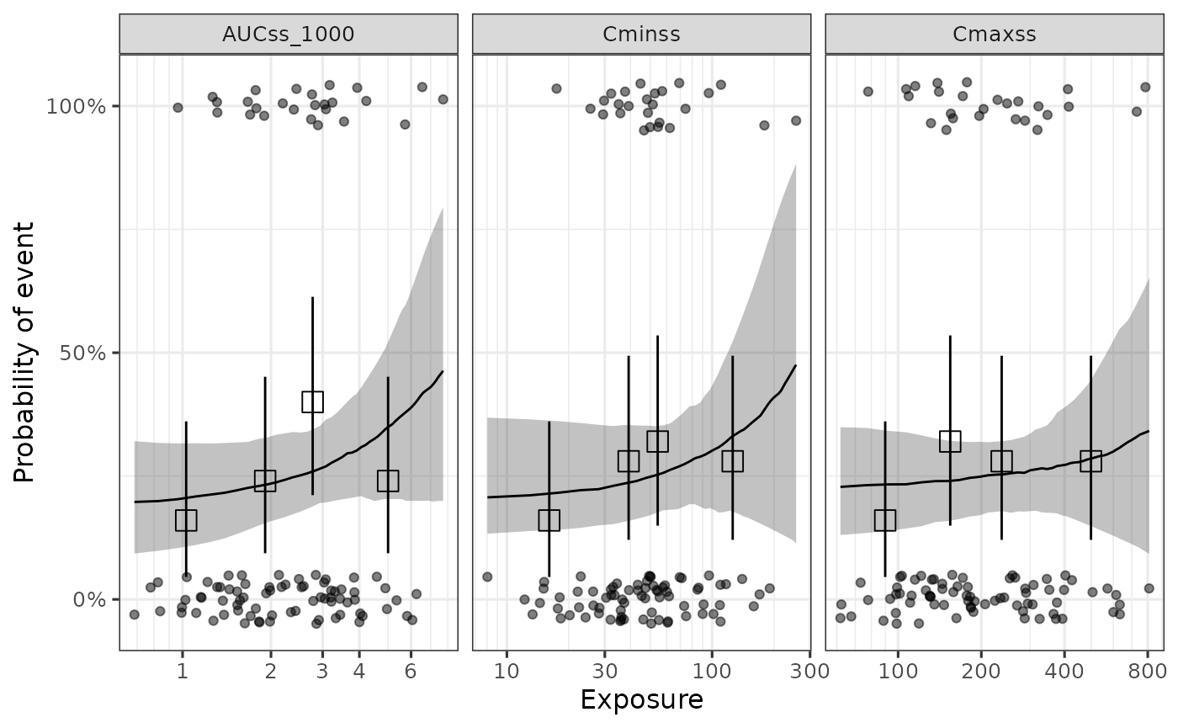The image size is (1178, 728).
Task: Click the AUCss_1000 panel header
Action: pos(289,35)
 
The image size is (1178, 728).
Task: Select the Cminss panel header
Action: pos(641,35)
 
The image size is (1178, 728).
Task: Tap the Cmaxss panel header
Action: pos(994,35)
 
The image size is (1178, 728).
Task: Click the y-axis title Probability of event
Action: pos(25,352)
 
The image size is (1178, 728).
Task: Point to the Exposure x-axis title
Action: pos(641,700)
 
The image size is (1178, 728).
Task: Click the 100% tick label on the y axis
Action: pos(83,106)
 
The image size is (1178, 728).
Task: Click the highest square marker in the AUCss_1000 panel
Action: pos(312,401)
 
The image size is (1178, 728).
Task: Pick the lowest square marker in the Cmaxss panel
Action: pos(884,520)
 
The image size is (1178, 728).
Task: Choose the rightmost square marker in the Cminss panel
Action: pos(732,460)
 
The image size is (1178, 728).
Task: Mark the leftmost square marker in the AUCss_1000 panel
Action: pos(186,520)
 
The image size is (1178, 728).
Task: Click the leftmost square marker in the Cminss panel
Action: pos(549,520)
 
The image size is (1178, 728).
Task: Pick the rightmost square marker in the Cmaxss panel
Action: pos(1090,460)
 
